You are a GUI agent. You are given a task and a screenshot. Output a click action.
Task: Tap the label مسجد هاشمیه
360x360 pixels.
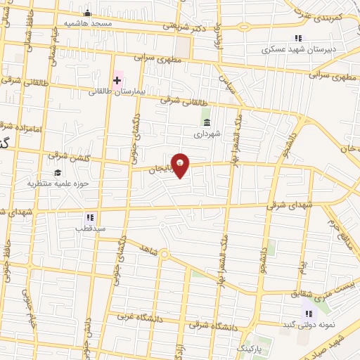[x=88, y=22]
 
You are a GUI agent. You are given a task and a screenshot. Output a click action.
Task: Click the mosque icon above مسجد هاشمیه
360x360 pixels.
[x=87, y=13]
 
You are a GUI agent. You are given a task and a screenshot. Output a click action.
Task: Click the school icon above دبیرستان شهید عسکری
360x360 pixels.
[x=298, y=39]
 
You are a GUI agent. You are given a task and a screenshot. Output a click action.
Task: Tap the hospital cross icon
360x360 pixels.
[x=117, y=81]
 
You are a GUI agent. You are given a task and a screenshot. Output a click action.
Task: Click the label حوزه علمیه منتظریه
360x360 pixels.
[x=56, y=184]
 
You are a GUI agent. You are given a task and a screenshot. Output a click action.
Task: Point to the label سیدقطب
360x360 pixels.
[x=89, y=229]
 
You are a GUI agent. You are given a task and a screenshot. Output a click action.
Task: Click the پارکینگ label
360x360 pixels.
[x=249, y=349]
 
